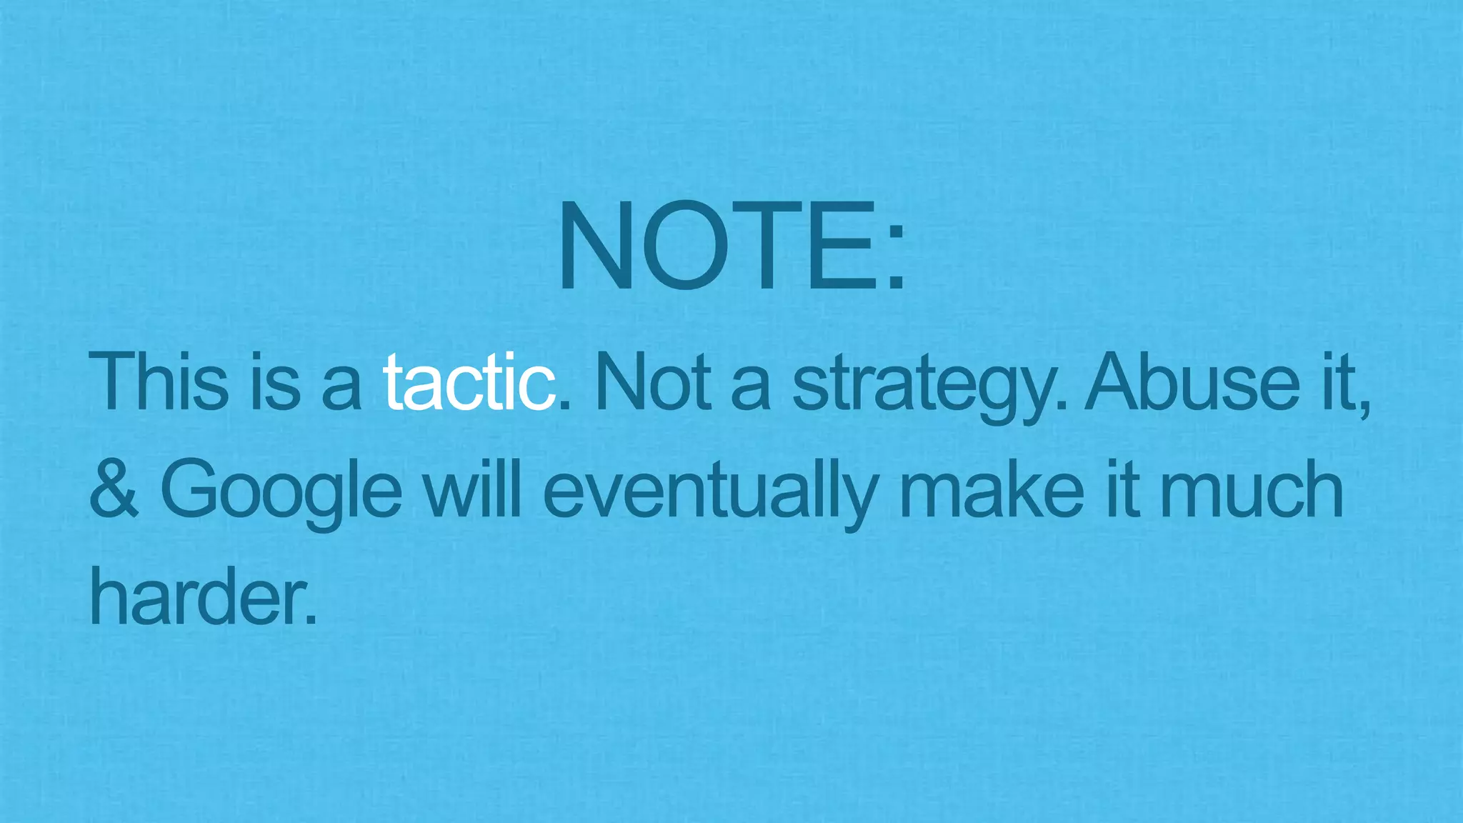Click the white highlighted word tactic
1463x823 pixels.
pos(469,382)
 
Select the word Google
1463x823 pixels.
pos(281,493)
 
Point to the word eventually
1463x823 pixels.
pos(710,493)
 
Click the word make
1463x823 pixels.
pos(992,489)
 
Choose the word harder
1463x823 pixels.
pos(197,597)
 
